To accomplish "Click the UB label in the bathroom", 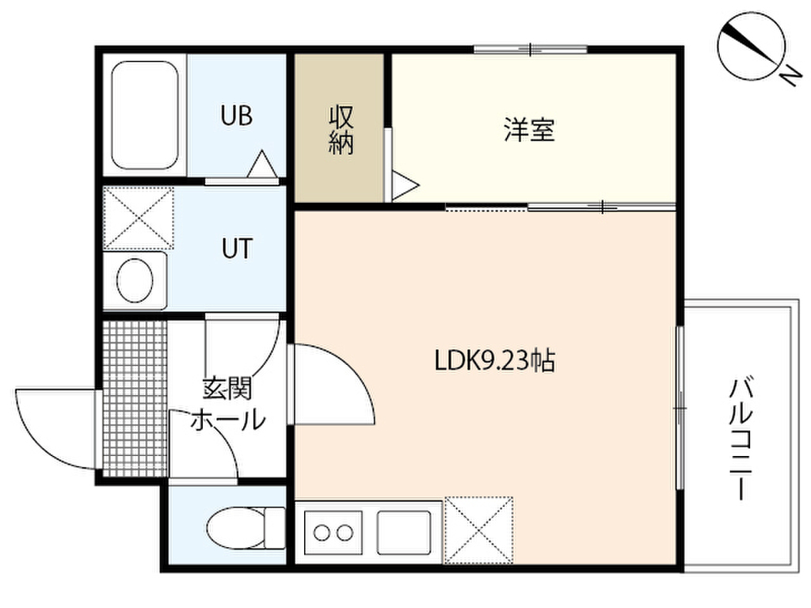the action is tap(236, 116).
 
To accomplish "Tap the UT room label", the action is tap(237, 248).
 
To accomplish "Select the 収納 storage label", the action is tap(341, 130).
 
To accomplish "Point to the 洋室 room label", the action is tap(529, 130).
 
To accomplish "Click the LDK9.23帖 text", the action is tap(495, 360).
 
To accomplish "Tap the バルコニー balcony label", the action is tap(741, 439).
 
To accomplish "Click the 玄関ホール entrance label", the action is tap(227, 405).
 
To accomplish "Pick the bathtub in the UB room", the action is tap(145, 116).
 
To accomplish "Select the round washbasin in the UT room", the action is tap(135, 281).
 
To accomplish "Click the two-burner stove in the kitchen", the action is tap(333, 533).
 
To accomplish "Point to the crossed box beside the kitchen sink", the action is tap(479, 530).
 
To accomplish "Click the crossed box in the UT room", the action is tap(138, 218).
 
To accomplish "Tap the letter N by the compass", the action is tap(790, 78).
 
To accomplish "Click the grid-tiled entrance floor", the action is tap(135, 397).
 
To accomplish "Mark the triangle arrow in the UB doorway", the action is tap(262, 164).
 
